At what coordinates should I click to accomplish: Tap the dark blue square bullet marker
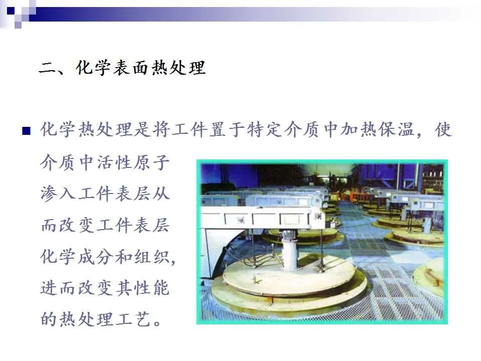[x=26, y=131]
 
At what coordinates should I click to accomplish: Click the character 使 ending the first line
[x=444, y=130]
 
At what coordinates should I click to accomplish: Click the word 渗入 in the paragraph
[x=58, y=194]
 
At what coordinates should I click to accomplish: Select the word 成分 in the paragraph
[x=96, y=256]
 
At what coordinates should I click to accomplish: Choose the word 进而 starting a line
[x=58, y=288]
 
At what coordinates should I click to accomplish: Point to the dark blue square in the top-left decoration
[x=11, y=11]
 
